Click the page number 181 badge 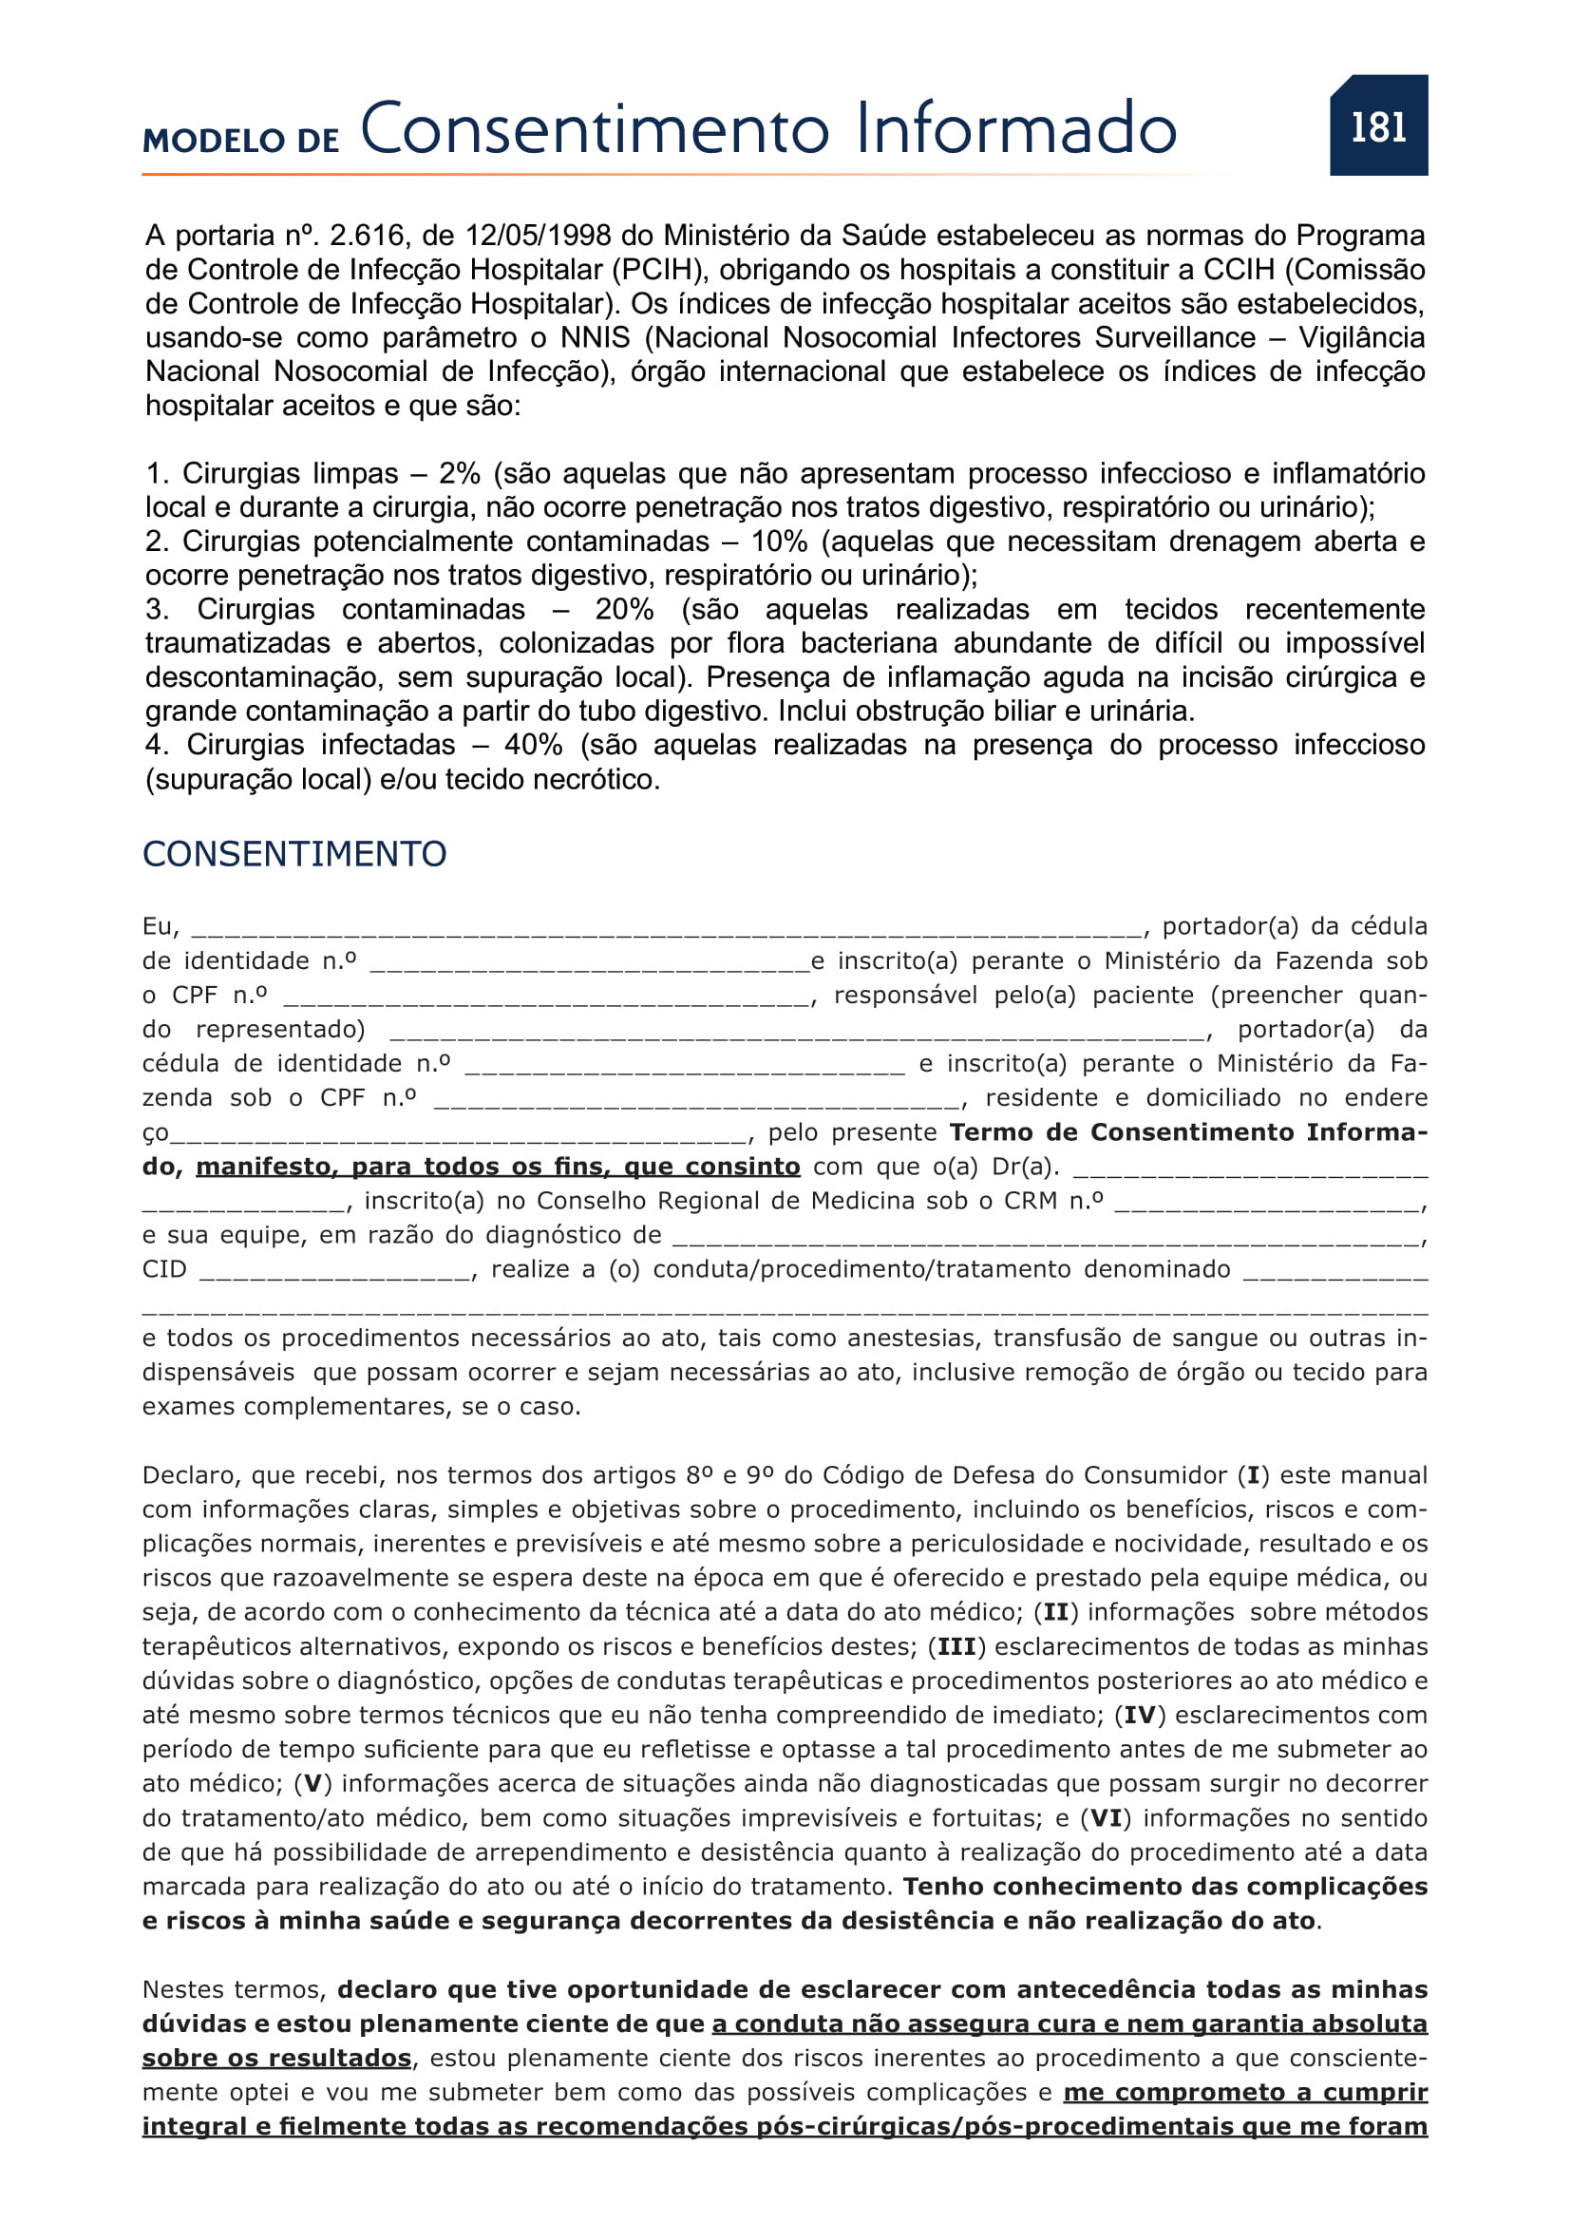1377,126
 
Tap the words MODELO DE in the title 241,141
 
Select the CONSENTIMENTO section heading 294,854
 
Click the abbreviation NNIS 594,338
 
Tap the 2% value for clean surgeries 460,473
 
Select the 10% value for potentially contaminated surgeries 779,541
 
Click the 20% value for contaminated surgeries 624,609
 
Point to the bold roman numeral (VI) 1106,1817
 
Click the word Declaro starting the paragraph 191,1475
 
